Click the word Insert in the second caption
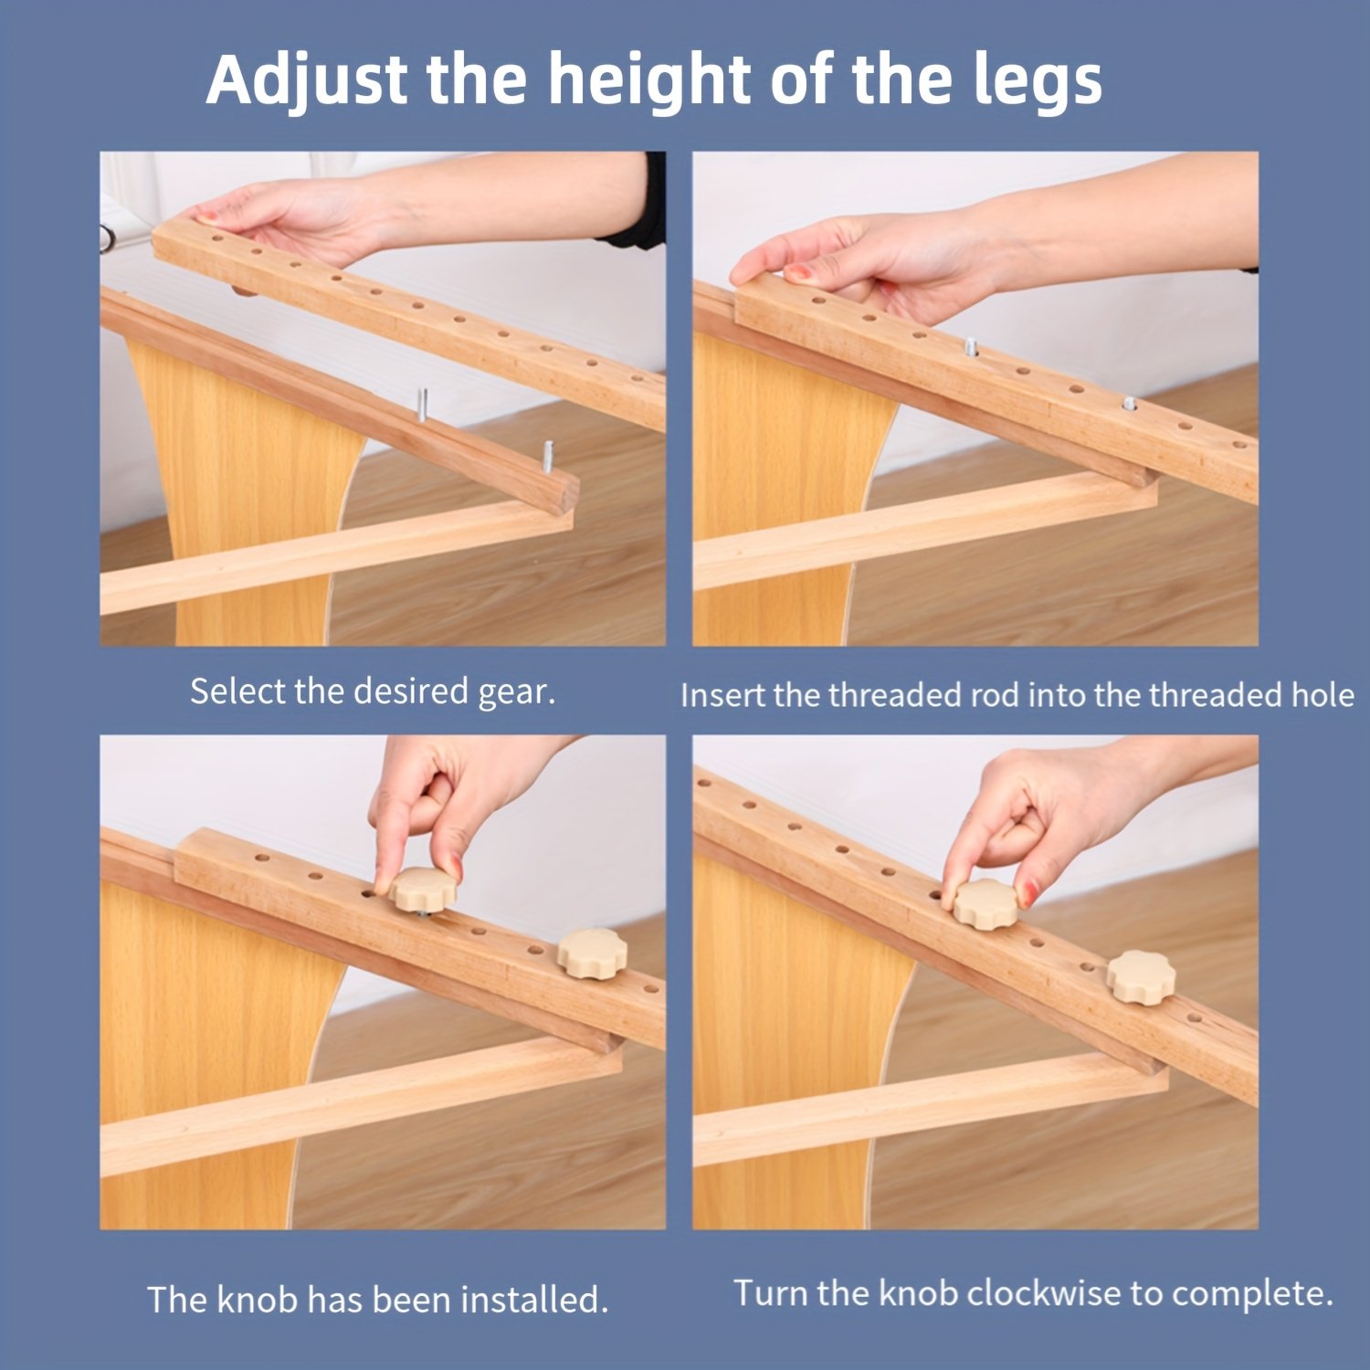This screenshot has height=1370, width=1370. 723,695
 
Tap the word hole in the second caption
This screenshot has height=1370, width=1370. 1322,695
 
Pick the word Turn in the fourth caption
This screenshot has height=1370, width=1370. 772,1293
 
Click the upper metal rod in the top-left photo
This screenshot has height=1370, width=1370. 422,404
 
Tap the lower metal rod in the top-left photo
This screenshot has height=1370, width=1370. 548,454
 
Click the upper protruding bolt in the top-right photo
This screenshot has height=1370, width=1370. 971,345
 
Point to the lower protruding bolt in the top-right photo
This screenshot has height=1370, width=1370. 1130,401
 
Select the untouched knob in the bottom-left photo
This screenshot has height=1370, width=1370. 593,953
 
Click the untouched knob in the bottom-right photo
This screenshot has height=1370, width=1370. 1141,976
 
